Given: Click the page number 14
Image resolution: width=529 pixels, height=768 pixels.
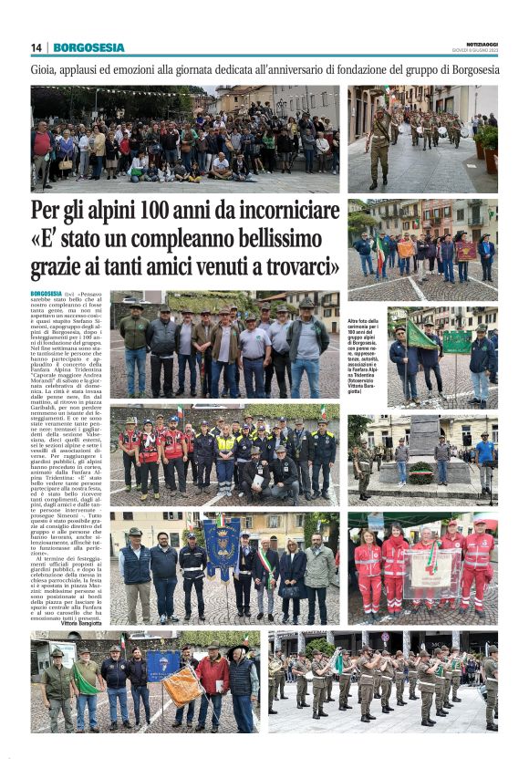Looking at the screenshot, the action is tap(36, 47).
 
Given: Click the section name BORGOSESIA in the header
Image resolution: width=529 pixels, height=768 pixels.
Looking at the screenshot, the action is tap(88, 47).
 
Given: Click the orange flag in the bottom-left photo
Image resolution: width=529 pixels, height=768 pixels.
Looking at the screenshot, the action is tap(182, 685).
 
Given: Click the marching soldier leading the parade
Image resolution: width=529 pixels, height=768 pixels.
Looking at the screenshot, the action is tap(379, 146).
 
